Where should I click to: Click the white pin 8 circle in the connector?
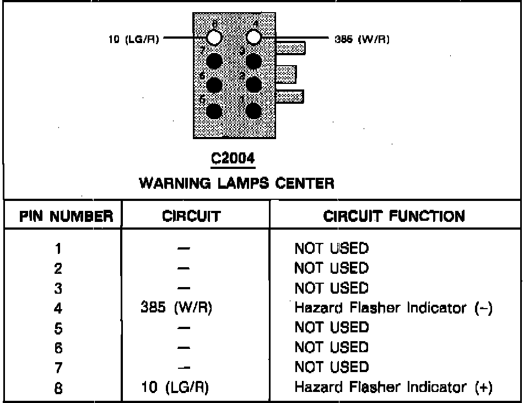pos(214,38)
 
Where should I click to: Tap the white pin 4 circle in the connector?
pos(253,37)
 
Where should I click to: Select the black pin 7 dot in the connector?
pos(214,61)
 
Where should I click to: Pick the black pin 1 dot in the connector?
pos(253,110)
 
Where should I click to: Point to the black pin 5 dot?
pos(214,110)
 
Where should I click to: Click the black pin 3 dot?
pos(253,61)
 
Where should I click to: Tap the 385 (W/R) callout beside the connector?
pos(362,40)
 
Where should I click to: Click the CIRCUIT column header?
pos(191,216)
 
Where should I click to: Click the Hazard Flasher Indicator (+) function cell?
pos(393,388)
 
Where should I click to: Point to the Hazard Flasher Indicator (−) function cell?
pos(393,308)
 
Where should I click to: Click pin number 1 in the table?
pos(58,248)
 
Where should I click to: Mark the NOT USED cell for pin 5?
pos(331,327)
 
